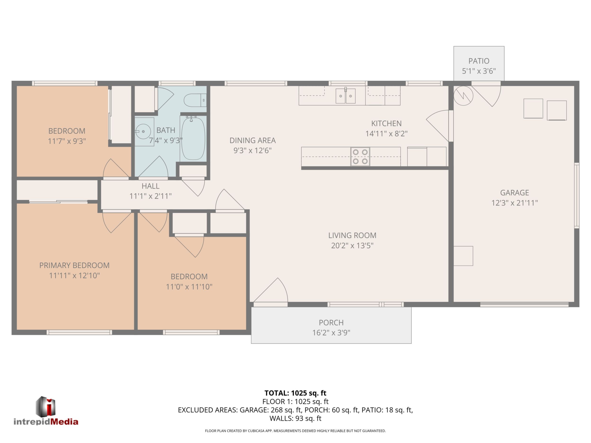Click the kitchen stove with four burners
click(360, 156)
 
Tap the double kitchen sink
click(345, 96)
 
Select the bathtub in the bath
click(193, 139)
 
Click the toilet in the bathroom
click(195, 100)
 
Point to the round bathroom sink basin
click(143, 131)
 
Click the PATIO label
click(479, 61)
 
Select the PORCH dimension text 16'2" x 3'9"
click(331, 333)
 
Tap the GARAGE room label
click(515, 193)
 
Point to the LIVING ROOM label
click(352, 235)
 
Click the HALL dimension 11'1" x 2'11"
click(150, 196)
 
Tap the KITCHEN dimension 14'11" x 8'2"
click(386, 133)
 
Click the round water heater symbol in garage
click(463, 96)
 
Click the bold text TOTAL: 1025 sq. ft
click(295, 393)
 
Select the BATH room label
click(166, 130)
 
